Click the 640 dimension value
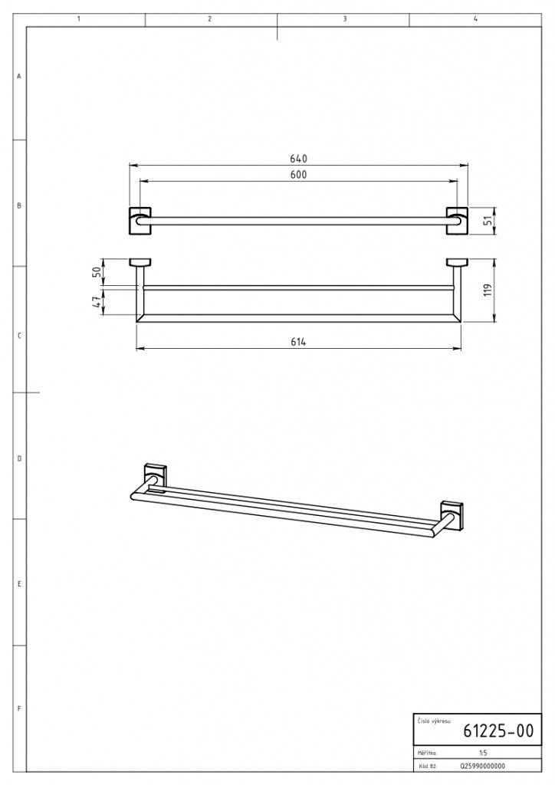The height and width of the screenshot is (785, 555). pyautogui.click(x=298, y=159)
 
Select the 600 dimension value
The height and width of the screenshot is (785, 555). pyautogui.click(x=298, y=175)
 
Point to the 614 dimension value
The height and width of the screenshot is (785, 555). pyautogui.click(x=298, y=342)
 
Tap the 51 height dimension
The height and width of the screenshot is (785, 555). pyautogui.click(x=489, y=220)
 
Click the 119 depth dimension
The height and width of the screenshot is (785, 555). pyautogui.click(x=489, y=290)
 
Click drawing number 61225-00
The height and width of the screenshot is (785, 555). pyautogui.click(x=498, y=731)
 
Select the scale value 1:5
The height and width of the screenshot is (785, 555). pyautogui.click(x=482, y=753)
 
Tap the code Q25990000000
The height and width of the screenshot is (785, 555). pyautogui.click(x=482, y=766)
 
